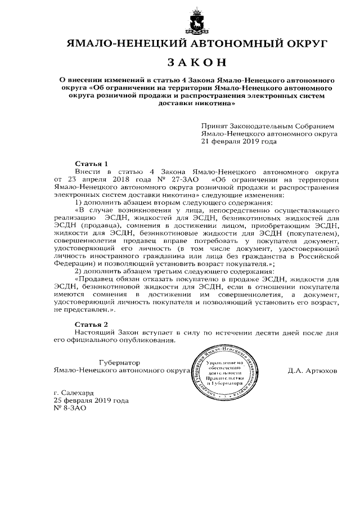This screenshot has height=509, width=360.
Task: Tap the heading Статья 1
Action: point(91,163)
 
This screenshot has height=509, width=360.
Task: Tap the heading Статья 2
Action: point(91,325)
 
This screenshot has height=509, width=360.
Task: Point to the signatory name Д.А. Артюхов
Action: point(312,371)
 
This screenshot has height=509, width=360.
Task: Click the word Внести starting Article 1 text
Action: point(87,170)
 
